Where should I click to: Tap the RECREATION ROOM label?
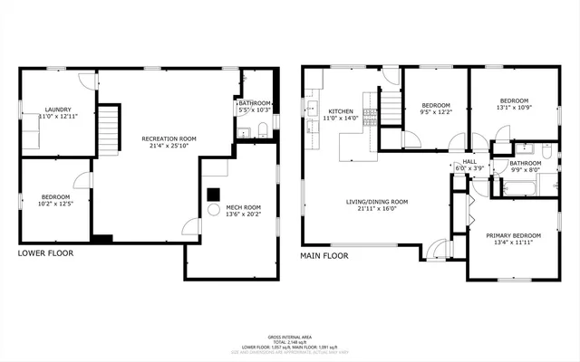169,138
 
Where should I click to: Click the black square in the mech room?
214,193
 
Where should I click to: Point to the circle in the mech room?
215,210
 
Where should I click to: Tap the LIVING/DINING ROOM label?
377,202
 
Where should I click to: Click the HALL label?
469,161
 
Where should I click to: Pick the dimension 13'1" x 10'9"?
513,108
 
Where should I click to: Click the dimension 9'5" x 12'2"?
436,113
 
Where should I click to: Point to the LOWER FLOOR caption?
46,253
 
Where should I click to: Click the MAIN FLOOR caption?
324,256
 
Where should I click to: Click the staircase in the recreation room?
109,129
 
